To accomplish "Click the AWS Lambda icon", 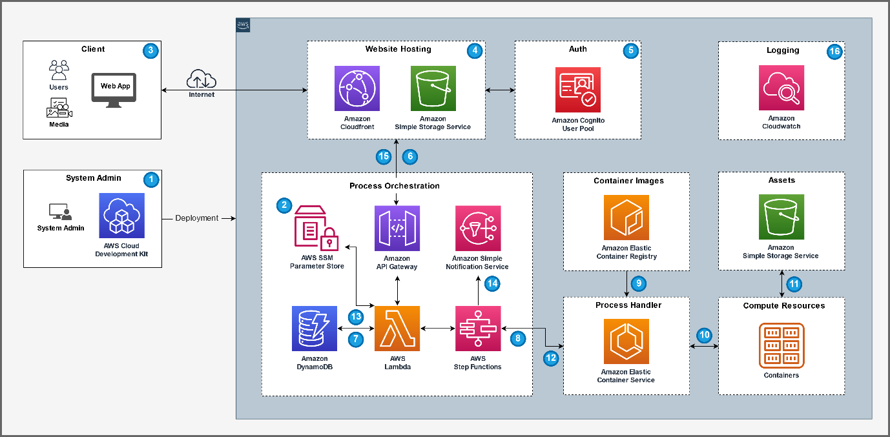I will click(397, 329).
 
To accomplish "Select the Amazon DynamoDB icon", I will click(315, 329).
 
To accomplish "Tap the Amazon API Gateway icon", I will click(397, 228).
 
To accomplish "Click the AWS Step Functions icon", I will click(477, 329).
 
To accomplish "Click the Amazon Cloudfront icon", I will click(357, 88).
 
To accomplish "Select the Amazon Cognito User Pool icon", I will click(578, 90).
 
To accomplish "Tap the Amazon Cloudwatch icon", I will click(781, 88).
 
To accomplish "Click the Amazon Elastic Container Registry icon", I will click(626, 218).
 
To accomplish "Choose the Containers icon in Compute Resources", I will click(781, 345).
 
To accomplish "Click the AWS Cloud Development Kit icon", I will click(121, 216).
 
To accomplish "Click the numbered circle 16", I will click(834, 52).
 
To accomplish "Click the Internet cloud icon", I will click(202, 79).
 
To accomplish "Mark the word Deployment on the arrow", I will click(197, 218).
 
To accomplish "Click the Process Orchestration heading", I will click(395, 186).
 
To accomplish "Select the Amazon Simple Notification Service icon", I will click(477, 228).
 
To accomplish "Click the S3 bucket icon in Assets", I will click(781, 217).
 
